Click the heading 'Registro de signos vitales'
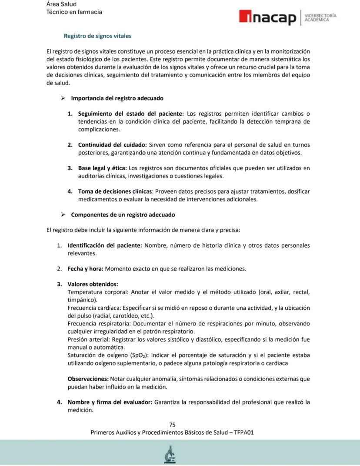click(97, 36)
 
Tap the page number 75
click(172, 425)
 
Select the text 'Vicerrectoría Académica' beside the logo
click(320, 18)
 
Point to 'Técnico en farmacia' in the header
click(74, 12)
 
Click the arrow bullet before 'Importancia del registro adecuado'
click(63, 98)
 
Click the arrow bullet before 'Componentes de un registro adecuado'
click(63, 215)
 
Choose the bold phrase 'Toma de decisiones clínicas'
click(115, 191)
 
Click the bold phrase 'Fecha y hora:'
click(85, 268)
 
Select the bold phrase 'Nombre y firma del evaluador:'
click(110, 402)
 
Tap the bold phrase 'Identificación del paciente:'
click(105, 245)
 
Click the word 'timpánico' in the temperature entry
click(82, 300)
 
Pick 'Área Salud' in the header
click(61, 4)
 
